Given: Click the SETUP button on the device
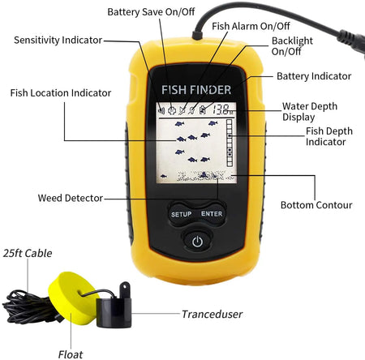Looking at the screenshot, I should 181,214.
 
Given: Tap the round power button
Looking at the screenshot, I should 196,241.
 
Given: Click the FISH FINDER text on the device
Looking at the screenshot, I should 196,89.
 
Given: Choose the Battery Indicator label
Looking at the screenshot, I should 314,76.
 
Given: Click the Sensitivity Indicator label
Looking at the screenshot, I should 58,39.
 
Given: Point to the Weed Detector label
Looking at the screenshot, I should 71,198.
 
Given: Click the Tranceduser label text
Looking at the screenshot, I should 212,314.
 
